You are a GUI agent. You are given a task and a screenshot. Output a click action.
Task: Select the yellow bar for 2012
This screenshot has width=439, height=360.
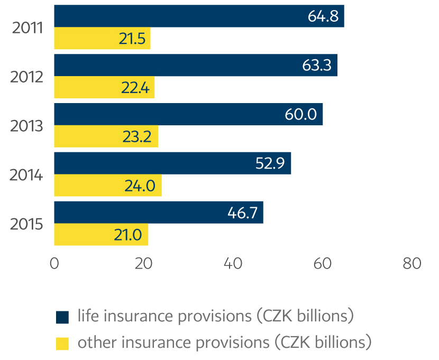[x=104, y=87]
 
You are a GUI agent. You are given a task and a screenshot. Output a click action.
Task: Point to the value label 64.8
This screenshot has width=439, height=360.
[x=323, y=16]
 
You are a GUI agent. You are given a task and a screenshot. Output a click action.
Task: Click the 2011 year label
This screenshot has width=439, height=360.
[x=27, y=27]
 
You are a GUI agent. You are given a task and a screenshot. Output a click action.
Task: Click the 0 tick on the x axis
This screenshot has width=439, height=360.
[x=54, y=264]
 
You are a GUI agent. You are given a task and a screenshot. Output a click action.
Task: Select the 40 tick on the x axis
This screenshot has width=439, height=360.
[x=233, y=264]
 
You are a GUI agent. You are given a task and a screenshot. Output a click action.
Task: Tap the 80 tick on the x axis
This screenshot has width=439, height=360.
[x=411, y=264]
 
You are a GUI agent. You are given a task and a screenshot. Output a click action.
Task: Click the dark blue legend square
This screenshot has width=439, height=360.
[x=62, y=317]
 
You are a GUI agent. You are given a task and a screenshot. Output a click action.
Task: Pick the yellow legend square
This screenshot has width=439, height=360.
[x=62, y=343]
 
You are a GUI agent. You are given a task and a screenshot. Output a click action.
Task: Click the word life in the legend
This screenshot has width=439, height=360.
[x=87, y=316]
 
